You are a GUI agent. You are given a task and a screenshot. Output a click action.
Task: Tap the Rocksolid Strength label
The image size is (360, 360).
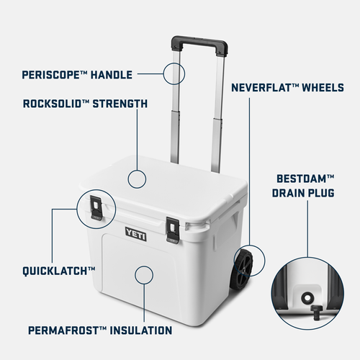[85, 104]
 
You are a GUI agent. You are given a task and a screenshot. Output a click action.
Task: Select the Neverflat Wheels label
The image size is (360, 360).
[287, 88]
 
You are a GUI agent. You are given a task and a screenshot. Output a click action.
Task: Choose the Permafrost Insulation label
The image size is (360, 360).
[99, 330]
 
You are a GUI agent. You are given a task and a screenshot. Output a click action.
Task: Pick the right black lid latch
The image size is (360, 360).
[173, 228]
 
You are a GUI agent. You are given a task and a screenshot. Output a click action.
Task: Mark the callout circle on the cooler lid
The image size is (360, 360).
[138, 179]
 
